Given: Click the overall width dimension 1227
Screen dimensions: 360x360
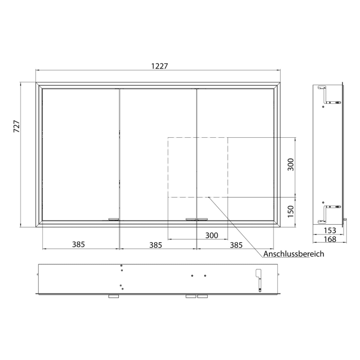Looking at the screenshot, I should pos(159,66).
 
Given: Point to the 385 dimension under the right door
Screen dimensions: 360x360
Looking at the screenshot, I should pos(236,245).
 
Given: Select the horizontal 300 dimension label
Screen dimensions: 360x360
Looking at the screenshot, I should pos(211,236).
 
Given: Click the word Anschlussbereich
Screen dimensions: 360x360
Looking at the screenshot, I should pos(294,254).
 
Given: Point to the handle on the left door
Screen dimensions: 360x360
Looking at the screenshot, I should pos(113,220).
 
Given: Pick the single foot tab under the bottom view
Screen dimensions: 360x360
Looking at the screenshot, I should pos(113,297).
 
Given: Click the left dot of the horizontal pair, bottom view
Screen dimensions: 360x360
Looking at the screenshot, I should pos(192,276).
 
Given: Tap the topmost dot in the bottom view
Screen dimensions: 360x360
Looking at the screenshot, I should pos(121,266).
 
